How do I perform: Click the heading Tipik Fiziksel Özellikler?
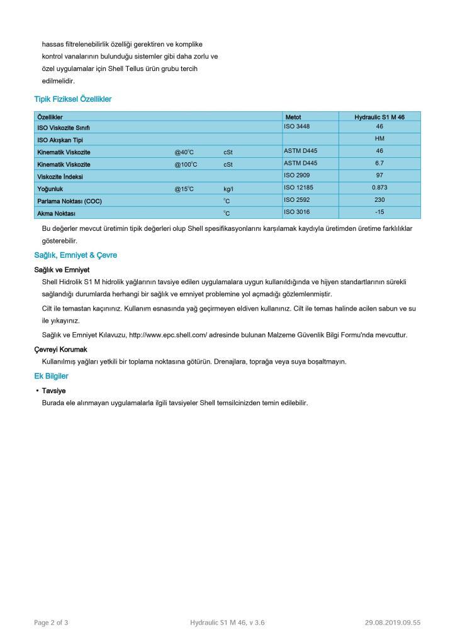point(73,99)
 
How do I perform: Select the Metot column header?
point(293,117)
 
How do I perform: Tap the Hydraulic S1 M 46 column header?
point(379,117)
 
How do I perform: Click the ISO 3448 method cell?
point(297,126)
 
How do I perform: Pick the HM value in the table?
point(379,138)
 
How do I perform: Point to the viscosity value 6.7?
point(379,163)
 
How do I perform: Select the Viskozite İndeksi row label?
point(60,177)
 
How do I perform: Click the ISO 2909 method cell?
point(297,175)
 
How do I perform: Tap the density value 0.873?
point(379,187)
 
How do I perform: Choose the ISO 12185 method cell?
point(298,187)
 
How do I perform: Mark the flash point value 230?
point(379,199)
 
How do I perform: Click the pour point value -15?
point(379,211)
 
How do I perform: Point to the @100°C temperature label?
point(186,164)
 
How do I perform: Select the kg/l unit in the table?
point(228,189)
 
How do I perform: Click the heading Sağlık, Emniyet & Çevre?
point(76,255)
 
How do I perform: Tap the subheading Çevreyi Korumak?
point(61,349)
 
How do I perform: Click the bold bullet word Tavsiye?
point(54,390)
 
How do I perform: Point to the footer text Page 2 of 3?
point(51,623)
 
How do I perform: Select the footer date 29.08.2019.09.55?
point(392,623)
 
